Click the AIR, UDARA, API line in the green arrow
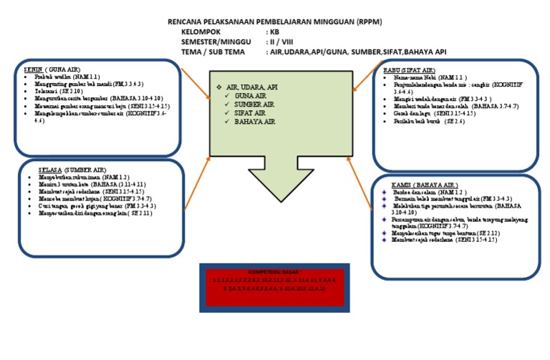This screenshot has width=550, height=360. pos(252,87)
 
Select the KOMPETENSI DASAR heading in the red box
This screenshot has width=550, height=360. pos(274,273)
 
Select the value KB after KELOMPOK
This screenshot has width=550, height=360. pos(274,32)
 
